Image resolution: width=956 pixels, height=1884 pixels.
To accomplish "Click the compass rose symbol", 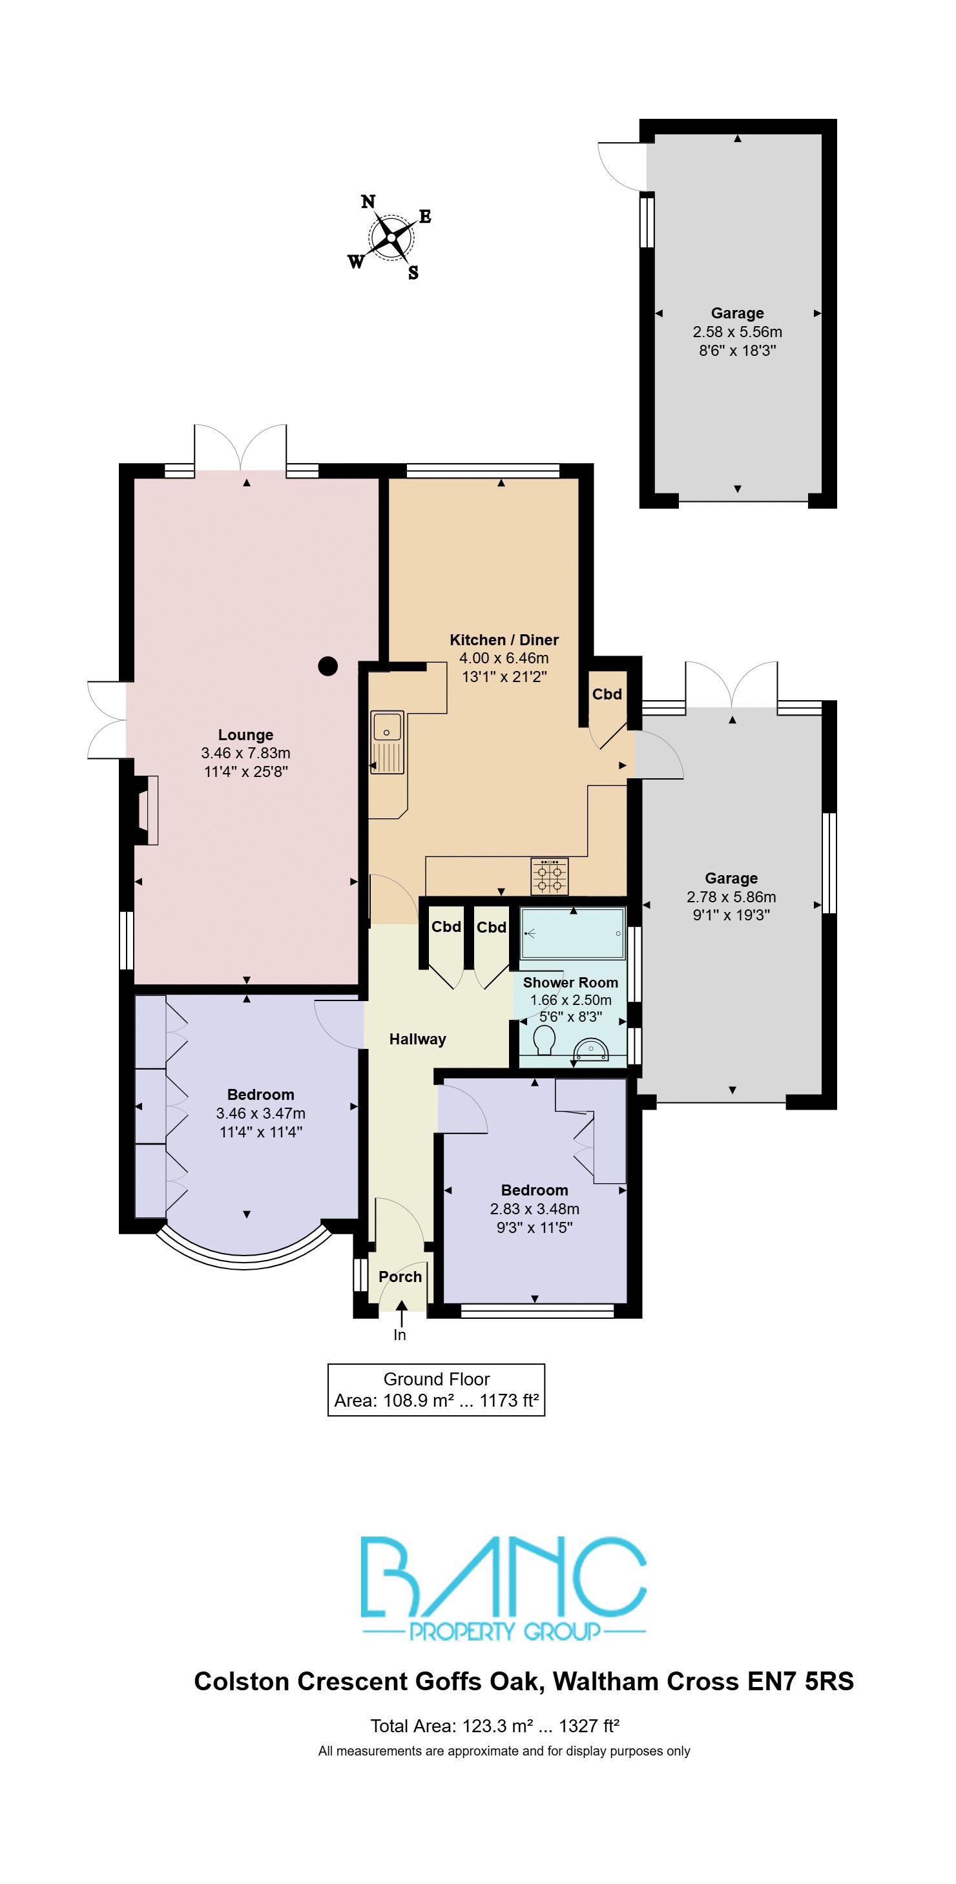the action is tap(391, 238).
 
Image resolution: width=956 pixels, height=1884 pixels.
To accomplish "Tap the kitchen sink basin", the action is tap(386, 727).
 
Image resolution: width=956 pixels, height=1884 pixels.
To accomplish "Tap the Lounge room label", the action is tap(245, 735).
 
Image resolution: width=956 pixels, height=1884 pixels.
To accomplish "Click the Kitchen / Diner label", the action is tap(504, 640).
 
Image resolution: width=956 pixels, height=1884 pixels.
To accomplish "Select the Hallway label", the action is tap(418, 1039).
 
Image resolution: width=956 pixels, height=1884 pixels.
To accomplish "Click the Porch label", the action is tap(400, 1277).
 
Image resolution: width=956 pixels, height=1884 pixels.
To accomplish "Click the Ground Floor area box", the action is tap(436, 1390).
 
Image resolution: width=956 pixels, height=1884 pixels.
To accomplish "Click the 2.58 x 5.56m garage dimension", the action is tap(737, 332).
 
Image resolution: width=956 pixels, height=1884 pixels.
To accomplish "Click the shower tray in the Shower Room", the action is tap(573, 933).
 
